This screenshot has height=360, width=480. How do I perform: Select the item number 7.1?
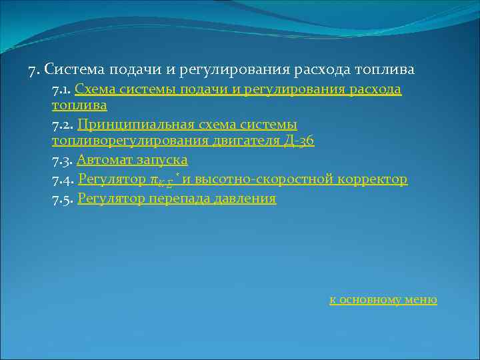pyautogui.click(x=61, y=89)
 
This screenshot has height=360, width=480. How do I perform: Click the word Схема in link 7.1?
pyautogui.click(x=95, y=89)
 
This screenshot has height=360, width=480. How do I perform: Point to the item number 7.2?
pyautogui.click(x=63, y=124)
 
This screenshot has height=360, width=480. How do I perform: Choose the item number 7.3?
pyautogui.click(x=63, y=160)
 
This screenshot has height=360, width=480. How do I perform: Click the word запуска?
pyautogui.click(x=162, y=160)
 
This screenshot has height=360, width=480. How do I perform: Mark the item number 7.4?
pyautogui.click(x=63, y=179)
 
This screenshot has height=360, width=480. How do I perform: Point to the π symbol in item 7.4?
pyautogui.click(x=154, y=180)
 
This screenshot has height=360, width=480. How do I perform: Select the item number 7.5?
pyautogui.click(x=63, y=199)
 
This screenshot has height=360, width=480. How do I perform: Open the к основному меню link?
pyautogui.click(x=383, y=299)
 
